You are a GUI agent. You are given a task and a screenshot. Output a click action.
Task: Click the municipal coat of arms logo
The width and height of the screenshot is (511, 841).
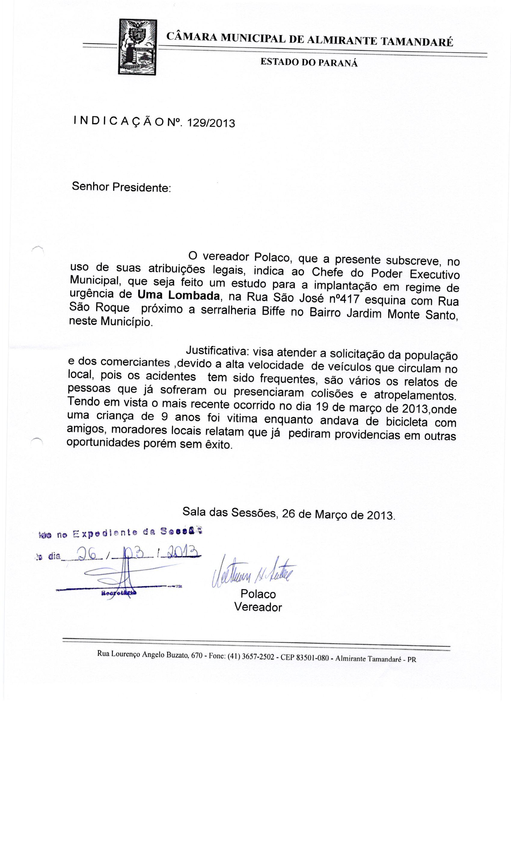(137, 47)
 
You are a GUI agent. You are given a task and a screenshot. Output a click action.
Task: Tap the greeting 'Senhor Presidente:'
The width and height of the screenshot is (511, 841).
(121, 187)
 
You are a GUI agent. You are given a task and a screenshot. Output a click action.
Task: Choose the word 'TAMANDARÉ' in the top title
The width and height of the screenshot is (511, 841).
(416, 42)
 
